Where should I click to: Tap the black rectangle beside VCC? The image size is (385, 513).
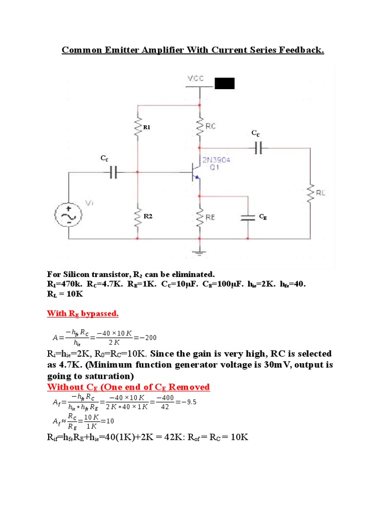tap(224, 83)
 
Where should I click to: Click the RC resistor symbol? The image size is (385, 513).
tap(200, 127)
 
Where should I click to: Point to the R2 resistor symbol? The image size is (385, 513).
tap(137, 217)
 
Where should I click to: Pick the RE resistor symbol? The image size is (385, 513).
tap(200, 217)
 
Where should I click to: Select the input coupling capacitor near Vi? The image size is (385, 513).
tap(113, 171)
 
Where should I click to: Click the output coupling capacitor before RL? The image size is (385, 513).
tap(259, 148)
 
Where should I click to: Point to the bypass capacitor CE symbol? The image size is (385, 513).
tap(248, 217)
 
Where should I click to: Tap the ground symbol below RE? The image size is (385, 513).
tap(200, 249)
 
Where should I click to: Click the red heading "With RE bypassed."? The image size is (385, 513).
tap(83, 314)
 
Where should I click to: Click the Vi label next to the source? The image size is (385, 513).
tap(89, 202)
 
